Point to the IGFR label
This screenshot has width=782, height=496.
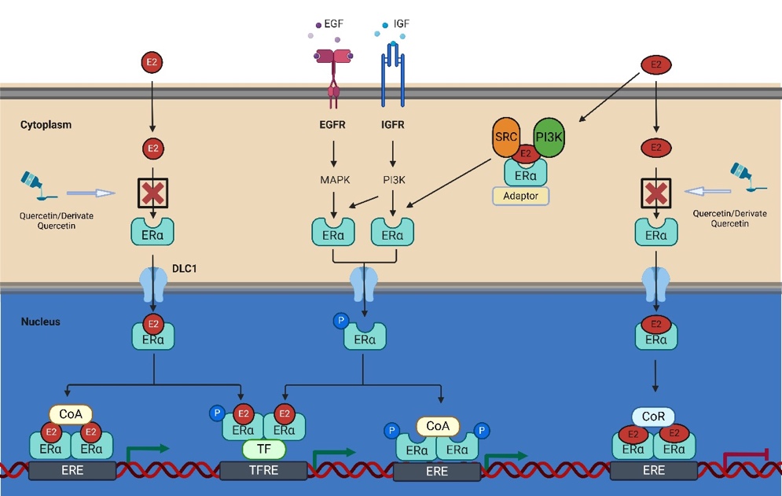pos(393,125)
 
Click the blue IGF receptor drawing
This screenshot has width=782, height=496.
pos(392,79)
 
